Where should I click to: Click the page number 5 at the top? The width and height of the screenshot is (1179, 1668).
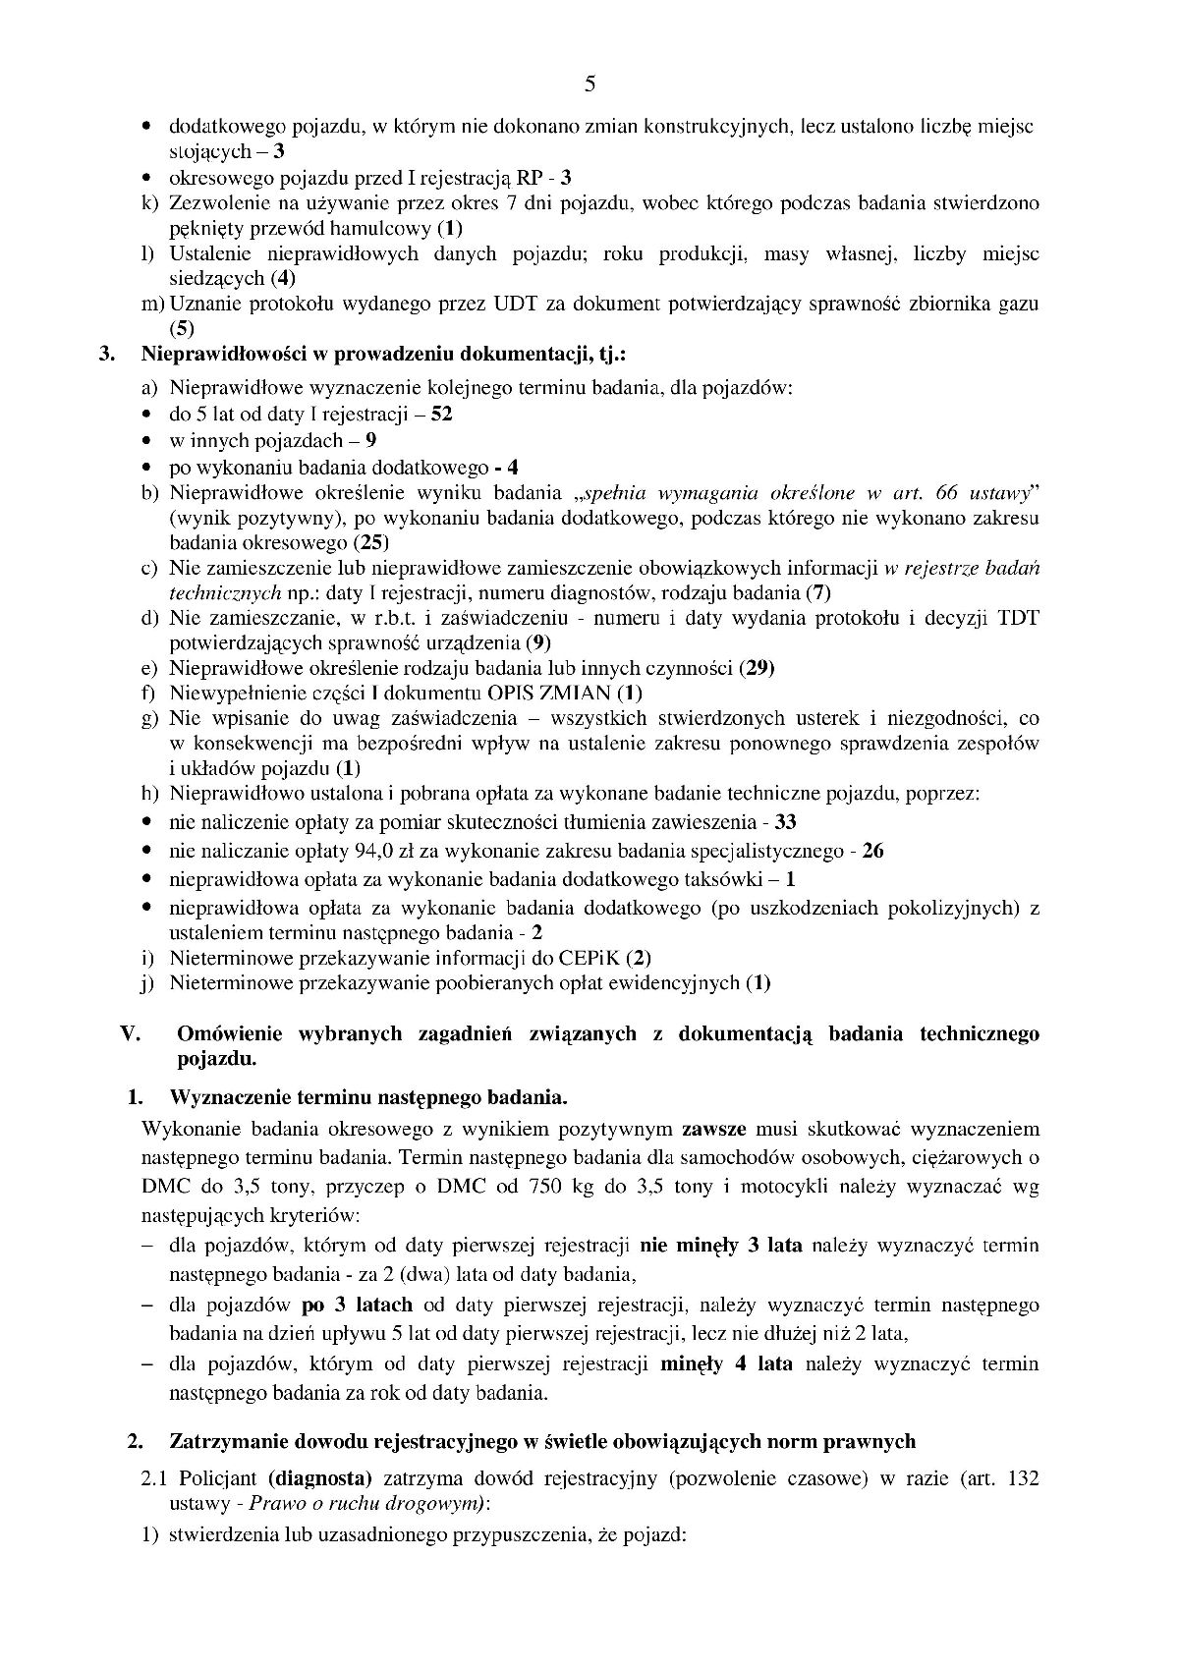[x=589, y=83]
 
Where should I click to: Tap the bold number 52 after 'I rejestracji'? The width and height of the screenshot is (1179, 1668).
[x=441, y=414]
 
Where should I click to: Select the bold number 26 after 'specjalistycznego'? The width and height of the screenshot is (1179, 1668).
[x=872, y=851]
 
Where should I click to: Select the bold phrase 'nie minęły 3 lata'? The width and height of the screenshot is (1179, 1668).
[x=720, y=1246]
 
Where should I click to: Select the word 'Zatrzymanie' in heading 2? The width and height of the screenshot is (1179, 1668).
[x=225, y=1441]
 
